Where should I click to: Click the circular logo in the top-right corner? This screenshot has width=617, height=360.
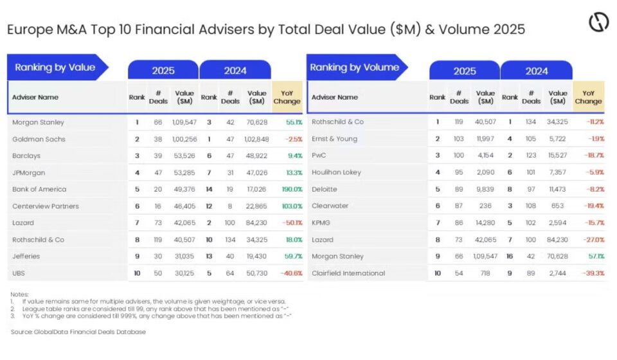(x=598, y=22)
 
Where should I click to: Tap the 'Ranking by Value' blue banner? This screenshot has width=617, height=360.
(x=57, y=67)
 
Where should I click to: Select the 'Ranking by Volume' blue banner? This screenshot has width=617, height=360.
(x=357, y=67)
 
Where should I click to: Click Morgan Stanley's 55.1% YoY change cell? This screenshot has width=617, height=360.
(x=294, y=122)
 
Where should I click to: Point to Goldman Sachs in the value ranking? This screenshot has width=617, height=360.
(x=39, y=139)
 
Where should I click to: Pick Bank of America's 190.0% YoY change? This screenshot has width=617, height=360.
(x=292, y=189)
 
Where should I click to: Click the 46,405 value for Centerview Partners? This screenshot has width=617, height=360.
(x=184, y=206)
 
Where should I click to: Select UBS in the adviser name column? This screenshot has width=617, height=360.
(x=19, y=273)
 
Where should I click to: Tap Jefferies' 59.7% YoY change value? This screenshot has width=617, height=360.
(x=293, y=256)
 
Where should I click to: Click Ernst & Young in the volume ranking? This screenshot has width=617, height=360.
(x=334, y=139)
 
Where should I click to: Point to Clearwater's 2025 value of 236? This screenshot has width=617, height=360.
(x=485, y=206)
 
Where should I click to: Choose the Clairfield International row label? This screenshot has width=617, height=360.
(x=348, y=273)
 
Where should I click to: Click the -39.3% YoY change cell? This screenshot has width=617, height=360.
(x=594, y=273)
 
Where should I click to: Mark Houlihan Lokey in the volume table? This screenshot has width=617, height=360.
(x=336, y=172)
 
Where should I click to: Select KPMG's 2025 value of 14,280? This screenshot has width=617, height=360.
(x=485, y=222)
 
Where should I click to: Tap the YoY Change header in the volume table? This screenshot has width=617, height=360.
(x=588, y=97)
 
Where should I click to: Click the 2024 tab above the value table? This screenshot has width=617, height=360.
(x=235, y=71)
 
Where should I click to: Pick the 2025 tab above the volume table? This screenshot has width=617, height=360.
(x=465, y=71)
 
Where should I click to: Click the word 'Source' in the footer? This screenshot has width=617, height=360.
(x=22, y=332)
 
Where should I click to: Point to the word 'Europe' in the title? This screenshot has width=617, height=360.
(x=30, y=30)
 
